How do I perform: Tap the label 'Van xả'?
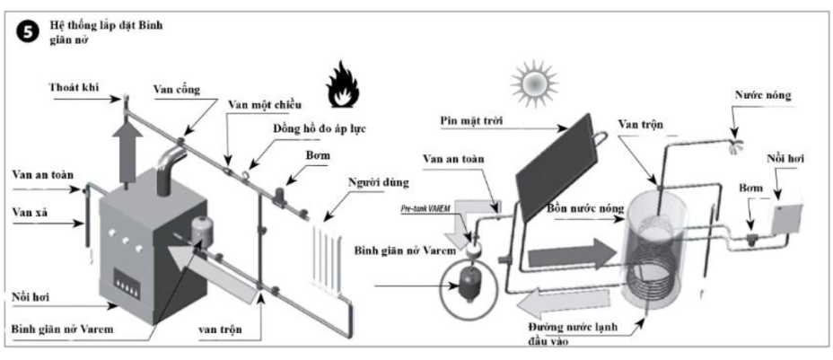[32, 212]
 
